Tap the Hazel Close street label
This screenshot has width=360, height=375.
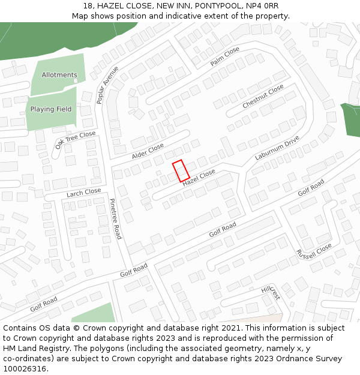point(199,176)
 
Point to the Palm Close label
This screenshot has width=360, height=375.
point(225,56)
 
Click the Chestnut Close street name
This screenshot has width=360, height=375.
point(263,97)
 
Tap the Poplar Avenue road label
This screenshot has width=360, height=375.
point(107,85)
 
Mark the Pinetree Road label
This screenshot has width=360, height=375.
point(115,220)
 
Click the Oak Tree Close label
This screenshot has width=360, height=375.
point(76,140)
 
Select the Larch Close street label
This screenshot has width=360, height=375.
point(84,192)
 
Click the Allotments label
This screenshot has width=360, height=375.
point(59,75)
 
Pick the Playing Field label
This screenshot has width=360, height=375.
point(51,109)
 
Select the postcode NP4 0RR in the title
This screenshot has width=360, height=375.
point(262,5)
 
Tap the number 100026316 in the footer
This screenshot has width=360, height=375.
point(24,368)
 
